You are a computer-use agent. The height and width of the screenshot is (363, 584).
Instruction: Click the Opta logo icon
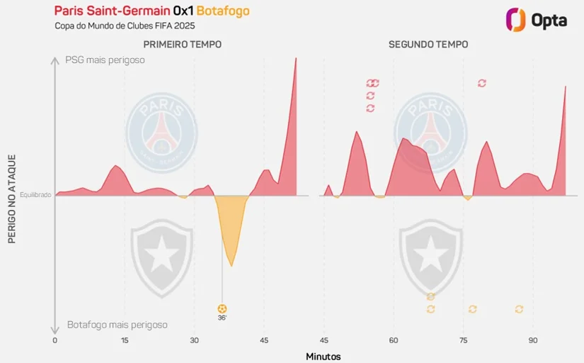pos(515,19)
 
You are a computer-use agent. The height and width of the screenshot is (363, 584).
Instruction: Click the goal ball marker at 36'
pos(222,308)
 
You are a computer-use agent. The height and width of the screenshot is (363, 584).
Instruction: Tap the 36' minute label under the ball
pos(222,318)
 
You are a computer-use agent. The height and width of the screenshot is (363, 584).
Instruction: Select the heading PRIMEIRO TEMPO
pos(183,44)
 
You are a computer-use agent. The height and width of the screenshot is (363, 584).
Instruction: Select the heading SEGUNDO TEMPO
pos(428,44)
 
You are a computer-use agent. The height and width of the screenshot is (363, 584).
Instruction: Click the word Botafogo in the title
pos(223,11)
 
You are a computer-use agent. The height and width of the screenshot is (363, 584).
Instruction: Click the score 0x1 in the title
pos(183,11)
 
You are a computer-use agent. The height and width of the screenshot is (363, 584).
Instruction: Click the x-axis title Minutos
pos(324,356)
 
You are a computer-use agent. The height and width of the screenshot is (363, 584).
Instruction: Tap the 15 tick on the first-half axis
pos(125,340)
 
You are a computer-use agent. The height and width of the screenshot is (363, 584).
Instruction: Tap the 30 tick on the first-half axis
pos(194,340)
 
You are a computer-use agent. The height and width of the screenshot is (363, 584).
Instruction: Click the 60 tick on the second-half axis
pos(394,340)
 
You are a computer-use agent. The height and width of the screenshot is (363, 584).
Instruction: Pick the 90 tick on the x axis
pos(533,340)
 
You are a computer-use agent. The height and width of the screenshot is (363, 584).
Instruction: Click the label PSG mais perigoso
pos(105,60)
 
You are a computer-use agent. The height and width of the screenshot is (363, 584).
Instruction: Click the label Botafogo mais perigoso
pos(117,325)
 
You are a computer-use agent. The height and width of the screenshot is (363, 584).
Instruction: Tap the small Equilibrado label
pos(35,195)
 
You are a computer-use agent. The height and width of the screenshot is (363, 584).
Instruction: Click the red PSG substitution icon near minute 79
pos(482,83)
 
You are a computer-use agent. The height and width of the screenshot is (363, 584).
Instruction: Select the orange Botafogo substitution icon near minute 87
pos(519,309)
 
